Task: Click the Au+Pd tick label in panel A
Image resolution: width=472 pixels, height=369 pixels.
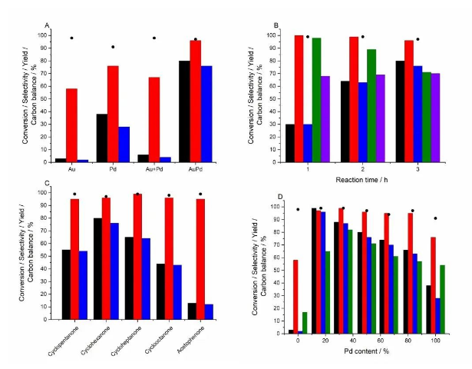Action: click(160, 171)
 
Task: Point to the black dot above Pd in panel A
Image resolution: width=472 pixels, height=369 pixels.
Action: click(113, 47)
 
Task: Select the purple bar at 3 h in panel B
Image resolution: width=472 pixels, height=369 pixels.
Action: click(436, 118)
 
